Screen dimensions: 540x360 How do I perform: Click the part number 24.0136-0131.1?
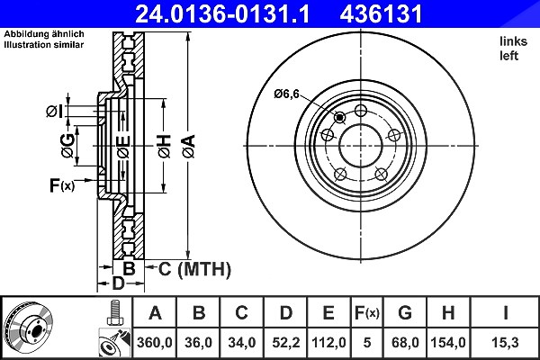(222, 13)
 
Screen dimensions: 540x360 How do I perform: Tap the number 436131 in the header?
(381, 13)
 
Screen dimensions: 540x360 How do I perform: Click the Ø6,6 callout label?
(286, 94)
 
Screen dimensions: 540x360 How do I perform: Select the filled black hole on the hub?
(340, 118)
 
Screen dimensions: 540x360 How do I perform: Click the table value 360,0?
(154, 342)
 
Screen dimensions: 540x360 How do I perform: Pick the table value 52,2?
(286, 342)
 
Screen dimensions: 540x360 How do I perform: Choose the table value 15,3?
(505, 342)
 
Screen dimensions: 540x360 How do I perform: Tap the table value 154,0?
(448, 342)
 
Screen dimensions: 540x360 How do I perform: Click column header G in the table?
(405, 313)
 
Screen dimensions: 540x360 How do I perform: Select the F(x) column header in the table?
(367, 313)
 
